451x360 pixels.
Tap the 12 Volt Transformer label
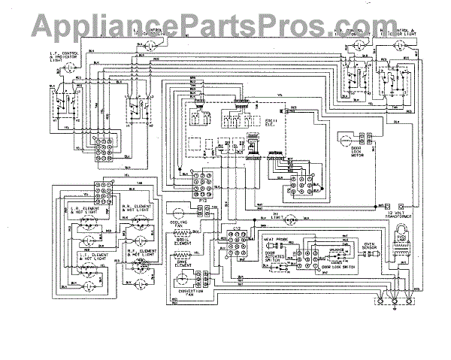click(401, 215)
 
